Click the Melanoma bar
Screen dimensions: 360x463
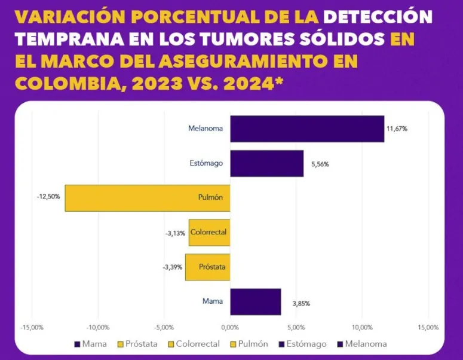click(307, 129)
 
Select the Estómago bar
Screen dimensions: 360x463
click(266, 163)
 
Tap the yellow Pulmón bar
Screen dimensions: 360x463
click(148, 198)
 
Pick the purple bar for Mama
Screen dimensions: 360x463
click(255, 301)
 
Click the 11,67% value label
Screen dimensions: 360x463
click(397, 129)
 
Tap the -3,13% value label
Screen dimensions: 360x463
click(175, 233)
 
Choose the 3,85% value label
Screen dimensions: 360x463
click(301, 303)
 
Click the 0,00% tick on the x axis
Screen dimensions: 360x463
click(230, 328)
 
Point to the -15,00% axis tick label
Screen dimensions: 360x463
click(32, 328)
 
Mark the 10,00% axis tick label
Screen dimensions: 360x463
click(362, 328)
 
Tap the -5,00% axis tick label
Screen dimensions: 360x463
click(164, 328)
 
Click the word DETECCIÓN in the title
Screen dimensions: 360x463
click(364, 17)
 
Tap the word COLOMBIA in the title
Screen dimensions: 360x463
click(57, 84)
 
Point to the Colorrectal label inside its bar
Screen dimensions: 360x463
click(208, 232)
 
